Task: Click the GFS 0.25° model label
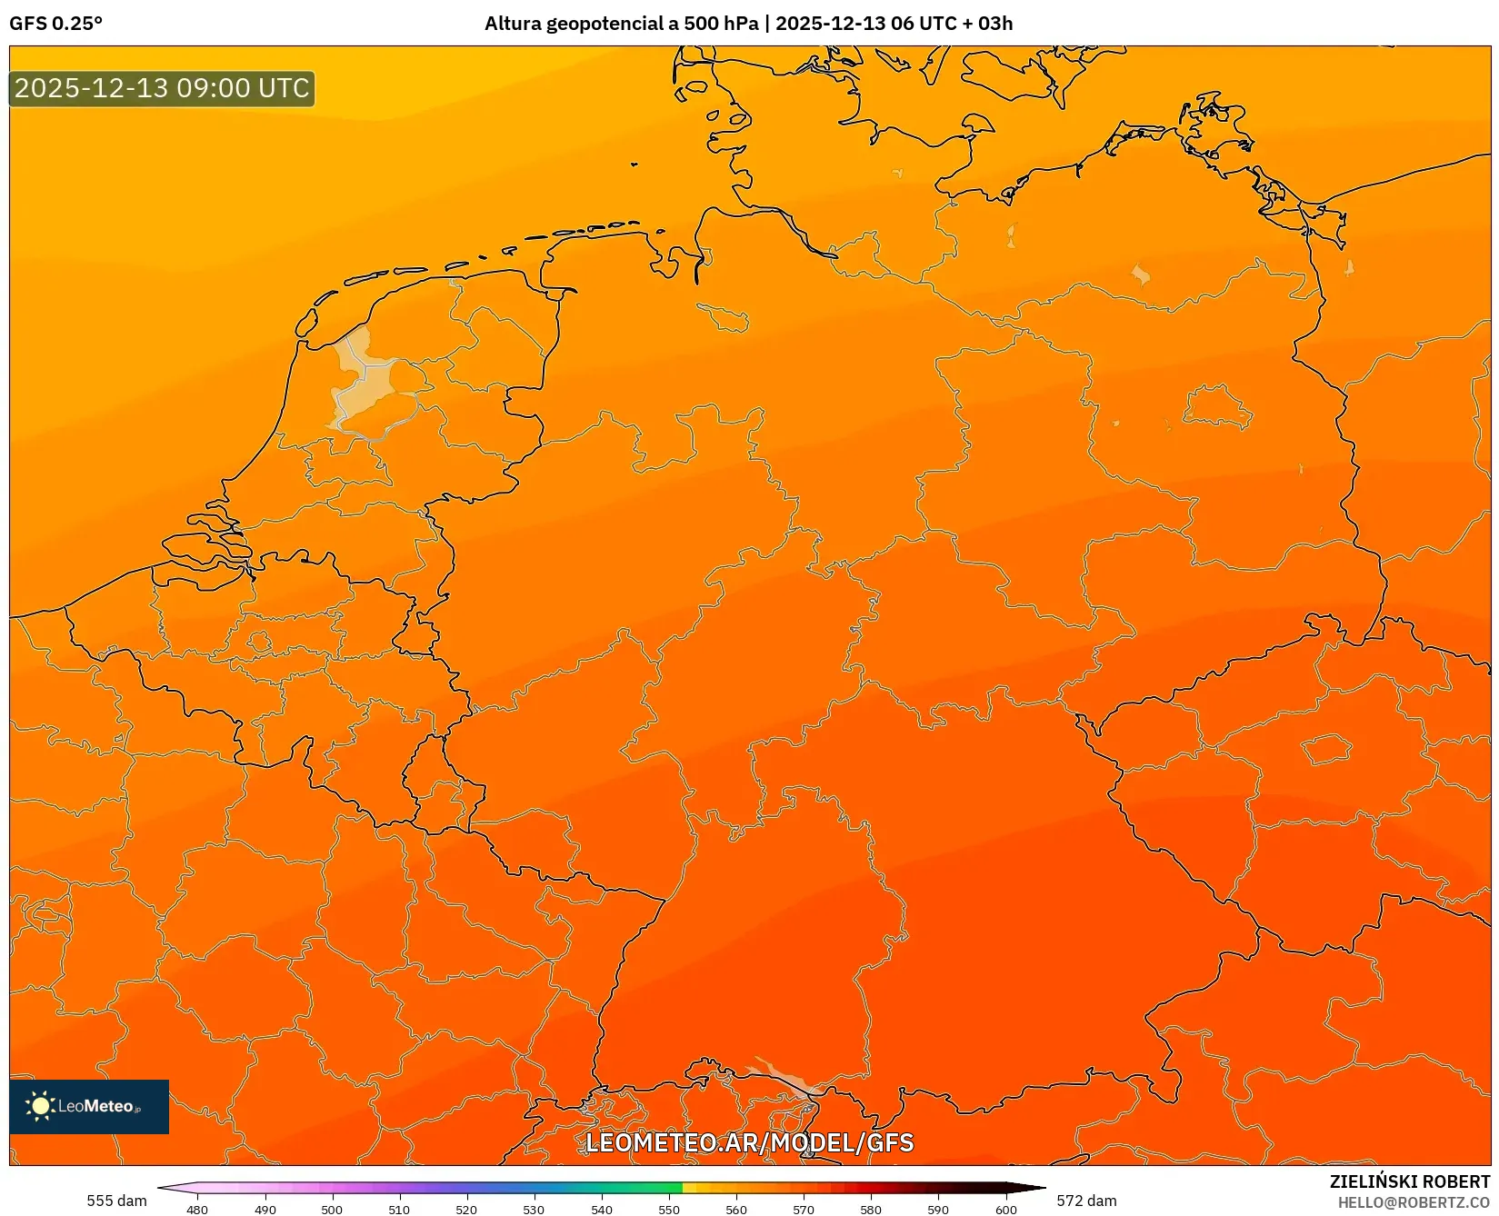(55, 24)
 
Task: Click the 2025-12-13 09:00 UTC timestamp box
(162, 88)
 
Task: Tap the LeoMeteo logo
(88, 1106)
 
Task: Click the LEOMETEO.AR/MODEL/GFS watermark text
(749, 1142)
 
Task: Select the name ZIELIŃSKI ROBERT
(1409, 1181)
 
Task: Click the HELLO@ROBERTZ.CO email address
(1414, 1202)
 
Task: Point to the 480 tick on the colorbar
(197, 1209)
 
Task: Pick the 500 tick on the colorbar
(332, 1209)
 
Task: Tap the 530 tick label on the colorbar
(534, 1209)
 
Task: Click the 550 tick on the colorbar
(669, 1209)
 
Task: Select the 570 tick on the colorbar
(804, 1209)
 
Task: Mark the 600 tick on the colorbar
(1005, 1209)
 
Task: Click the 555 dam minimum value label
(116, 1201)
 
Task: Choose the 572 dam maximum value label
(1086, 1201)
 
